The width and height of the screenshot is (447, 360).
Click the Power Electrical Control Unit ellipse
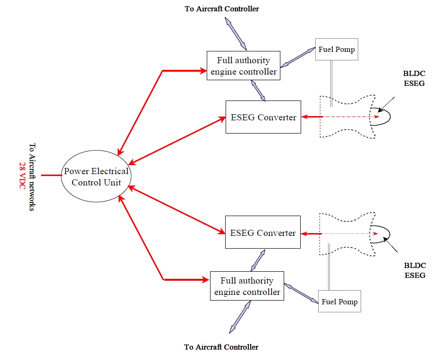pyautogui.click(x=96, y=176)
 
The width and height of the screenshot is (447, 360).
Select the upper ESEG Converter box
pyautogui.click(x=263, y=117)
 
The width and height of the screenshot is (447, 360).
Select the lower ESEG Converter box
pyautogui.click(x=262, y=232)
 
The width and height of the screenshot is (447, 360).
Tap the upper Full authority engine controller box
pyautogui.click(x=244, y=66)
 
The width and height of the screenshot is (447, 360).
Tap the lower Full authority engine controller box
pyautogui.click(x=247, y=286)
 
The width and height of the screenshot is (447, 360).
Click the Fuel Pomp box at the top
pyautogui.click(x=337, y=50)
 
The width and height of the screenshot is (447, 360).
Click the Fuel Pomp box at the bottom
pyautogui.click(x=339, y=301)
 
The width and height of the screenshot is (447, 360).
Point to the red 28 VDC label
pyautogui.click(x=22, y=176)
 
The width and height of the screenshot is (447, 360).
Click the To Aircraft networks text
pyautogui.click(x=32, y=176)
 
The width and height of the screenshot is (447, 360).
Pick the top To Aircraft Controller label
pyautogui.click(x=222, y=8)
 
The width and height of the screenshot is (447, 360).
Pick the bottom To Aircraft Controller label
pyautogui.click(x=221, y=347)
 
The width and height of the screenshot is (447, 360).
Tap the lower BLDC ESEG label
pyautogui.click(x=415, y=271)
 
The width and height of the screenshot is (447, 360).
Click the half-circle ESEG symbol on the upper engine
pyautogui.click(x=380, y=117)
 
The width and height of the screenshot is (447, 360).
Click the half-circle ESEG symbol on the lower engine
pyautogui.click(x=380, y=234)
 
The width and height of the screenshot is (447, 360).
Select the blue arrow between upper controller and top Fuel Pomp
pyautogui.click(x=298, y=58)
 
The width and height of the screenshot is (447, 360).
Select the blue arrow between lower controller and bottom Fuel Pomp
pyautogui.click(x=300, y=293)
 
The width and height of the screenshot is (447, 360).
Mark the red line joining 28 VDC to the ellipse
pyautogui.click(x=51, y=176)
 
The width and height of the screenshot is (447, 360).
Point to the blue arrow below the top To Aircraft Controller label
pyautogui.click(x=236, y=33)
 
